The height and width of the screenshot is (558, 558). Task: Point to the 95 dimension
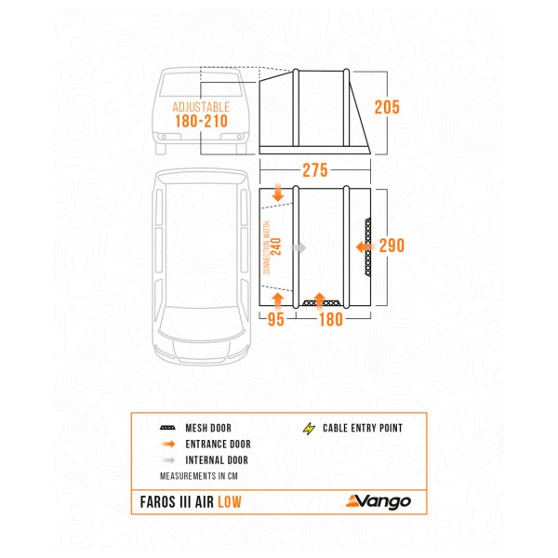275,321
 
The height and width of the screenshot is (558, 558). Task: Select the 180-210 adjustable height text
200,124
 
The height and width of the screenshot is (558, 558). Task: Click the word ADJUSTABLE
200,107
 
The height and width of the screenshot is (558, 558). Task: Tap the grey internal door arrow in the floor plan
299,247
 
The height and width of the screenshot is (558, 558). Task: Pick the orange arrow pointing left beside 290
363,247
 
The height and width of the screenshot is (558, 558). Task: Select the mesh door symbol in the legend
168,429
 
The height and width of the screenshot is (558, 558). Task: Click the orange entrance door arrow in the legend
168,445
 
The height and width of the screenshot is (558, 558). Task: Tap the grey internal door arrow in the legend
168,460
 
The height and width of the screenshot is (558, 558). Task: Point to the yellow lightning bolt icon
308,429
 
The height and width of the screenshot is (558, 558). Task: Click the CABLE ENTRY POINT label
363,429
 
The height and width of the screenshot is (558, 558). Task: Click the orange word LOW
234,502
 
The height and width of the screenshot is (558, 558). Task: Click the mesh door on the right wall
369,247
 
